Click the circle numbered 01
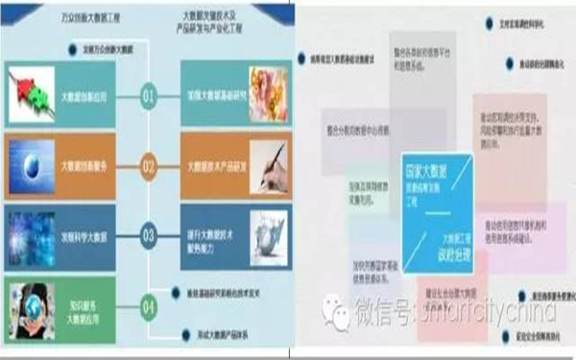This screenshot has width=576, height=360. point(148,96)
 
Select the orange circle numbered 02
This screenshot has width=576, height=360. point(148,165)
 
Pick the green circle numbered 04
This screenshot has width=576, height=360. point(148,307)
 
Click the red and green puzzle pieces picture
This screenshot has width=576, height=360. point(31,93)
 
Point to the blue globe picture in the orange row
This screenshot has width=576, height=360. point(31,163)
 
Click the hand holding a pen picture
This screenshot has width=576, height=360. point(268,164)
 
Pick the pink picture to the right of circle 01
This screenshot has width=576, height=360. point(268,94)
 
